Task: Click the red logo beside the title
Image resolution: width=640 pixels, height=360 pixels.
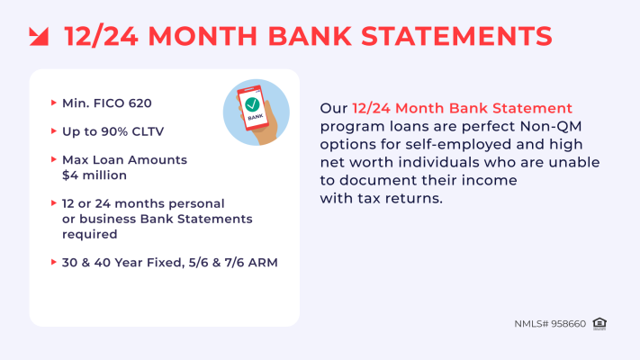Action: click(39, 36)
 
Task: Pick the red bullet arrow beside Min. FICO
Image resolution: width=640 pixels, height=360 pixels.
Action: click(53, 103)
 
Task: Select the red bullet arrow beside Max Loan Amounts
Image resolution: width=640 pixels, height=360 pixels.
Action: click(53, 159)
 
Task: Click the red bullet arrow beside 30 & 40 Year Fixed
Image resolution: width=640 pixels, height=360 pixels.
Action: click(53, 263)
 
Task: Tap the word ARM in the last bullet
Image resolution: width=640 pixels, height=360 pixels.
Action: click(264, 263)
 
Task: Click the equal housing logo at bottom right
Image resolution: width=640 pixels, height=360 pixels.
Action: click(600, 323)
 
